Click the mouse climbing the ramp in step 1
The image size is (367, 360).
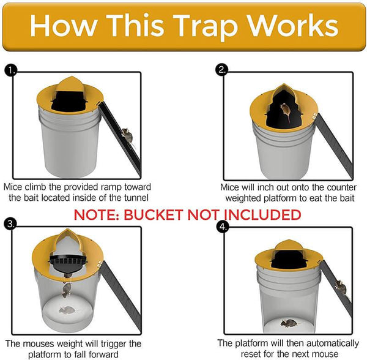[x=126, y=133]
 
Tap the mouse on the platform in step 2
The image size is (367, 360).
[x=286, y=110]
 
